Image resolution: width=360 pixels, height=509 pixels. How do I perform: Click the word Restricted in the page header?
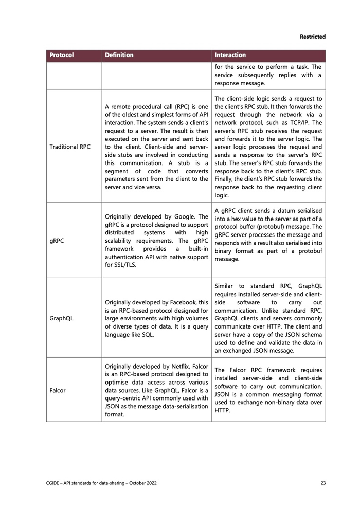pos(312,37)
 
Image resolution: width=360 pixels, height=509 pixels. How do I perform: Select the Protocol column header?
pos(61,55)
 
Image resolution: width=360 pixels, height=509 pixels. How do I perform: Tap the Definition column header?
pos(119,55)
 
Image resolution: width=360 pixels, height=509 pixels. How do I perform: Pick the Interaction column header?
pos(230,55)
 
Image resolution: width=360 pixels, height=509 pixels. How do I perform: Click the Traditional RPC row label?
pos(69,147)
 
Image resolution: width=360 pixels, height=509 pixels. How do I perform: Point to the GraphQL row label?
pos(61,318)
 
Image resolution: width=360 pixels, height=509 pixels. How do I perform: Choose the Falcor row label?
pos(57,390)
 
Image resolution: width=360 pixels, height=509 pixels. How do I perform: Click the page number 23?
pos(322,483)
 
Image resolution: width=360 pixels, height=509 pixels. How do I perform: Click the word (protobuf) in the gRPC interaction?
pos(278,226)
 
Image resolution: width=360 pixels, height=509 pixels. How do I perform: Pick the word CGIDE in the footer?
pos(55,483)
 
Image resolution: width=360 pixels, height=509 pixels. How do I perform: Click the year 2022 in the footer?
pos(149,483)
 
